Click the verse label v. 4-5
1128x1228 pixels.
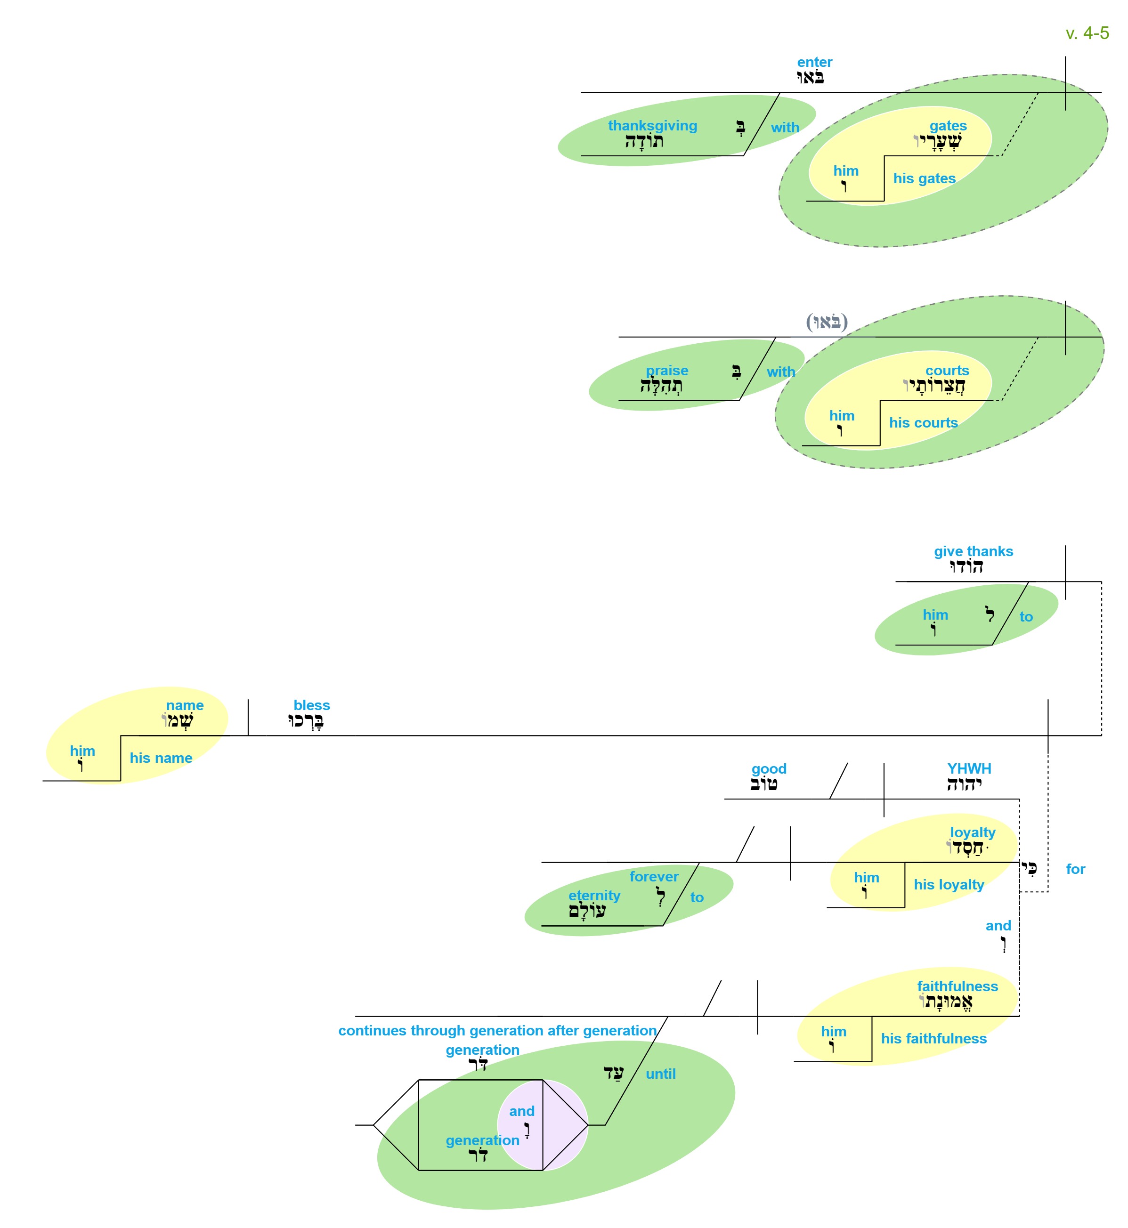point(1087,33)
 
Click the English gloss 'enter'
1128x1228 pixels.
point(814,62)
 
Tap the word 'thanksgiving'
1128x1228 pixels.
point(652,126)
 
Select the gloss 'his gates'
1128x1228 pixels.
point(924,179)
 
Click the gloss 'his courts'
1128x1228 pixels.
point(923,423)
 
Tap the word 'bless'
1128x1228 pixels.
point(311,705)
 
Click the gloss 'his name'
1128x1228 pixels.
point(161,758)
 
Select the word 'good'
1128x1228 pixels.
point(769,769)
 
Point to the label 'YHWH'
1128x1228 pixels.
point(969,769)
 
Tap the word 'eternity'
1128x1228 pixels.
point(594,896)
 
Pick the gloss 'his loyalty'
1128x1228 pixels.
point(949,885)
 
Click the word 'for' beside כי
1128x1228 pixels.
point(1076,869)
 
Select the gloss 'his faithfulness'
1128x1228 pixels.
point(933,1039)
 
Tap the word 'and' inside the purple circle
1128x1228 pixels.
point(521,1111)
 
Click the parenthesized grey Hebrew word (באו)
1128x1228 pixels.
point(827,322)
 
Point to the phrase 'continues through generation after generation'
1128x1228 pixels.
point(497,1031)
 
